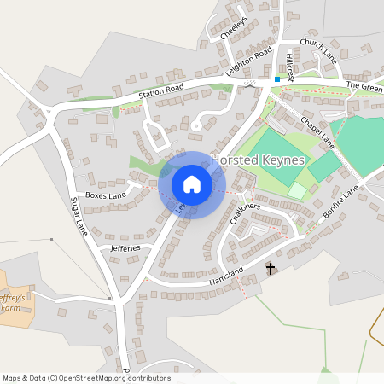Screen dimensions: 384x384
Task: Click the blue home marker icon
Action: coord(191,183)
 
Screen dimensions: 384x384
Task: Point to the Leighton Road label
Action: coord(248,63)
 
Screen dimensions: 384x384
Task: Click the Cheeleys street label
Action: coord(233,27)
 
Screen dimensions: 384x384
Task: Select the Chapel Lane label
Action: coord(316,131)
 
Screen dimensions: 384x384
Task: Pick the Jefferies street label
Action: coord(119,247)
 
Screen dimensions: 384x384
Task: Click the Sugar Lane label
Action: coord(79,217)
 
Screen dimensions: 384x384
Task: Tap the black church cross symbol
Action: coord(271,269)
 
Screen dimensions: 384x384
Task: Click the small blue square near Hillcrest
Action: coord(276,79)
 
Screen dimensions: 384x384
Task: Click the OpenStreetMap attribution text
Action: coord(85,378)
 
